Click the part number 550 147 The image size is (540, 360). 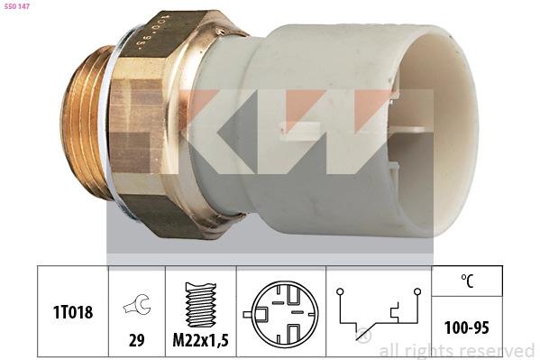[17, 6]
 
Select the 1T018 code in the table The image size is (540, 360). [73, 312]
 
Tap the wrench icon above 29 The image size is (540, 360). [137, 304]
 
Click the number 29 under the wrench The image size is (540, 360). [136, 340]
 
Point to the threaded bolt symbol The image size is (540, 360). [201, 304]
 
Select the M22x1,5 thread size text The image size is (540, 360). [200, 340]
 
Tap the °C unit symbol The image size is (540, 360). [467, 281]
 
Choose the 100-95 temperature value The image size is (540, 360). [467, 328]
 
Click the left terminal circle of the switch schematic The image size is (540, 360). [340, 291]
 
